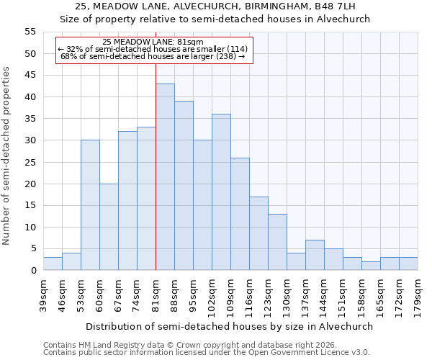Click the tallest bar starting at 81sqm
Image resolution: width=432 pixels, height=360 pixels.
click(x=165, y=177)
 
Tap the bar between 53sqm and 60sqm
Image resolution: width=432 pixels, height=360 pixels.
click(x=90, y=205)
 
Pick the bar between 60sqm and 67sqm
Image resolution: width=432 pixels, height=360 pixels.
click(x=109, y=227)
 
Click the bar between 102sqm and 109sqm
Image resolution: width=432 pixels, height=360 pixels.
click(x=221, y=192)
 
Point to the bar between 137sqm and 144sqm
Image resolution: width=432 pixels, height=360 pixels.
click(x=315, y=255)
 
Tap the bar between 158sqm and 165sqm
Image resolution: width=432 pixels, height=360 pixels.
click(x=371, y=266)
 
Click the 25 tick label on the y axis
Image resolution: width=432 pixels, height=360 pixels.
click(x=30, y=162)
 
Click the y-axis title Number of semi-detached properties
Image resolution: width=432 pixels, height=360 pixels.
click(x=7, y=156)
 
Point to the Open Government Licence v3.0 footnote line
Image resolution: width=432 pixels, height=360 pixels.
click(x=206, y=353)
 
